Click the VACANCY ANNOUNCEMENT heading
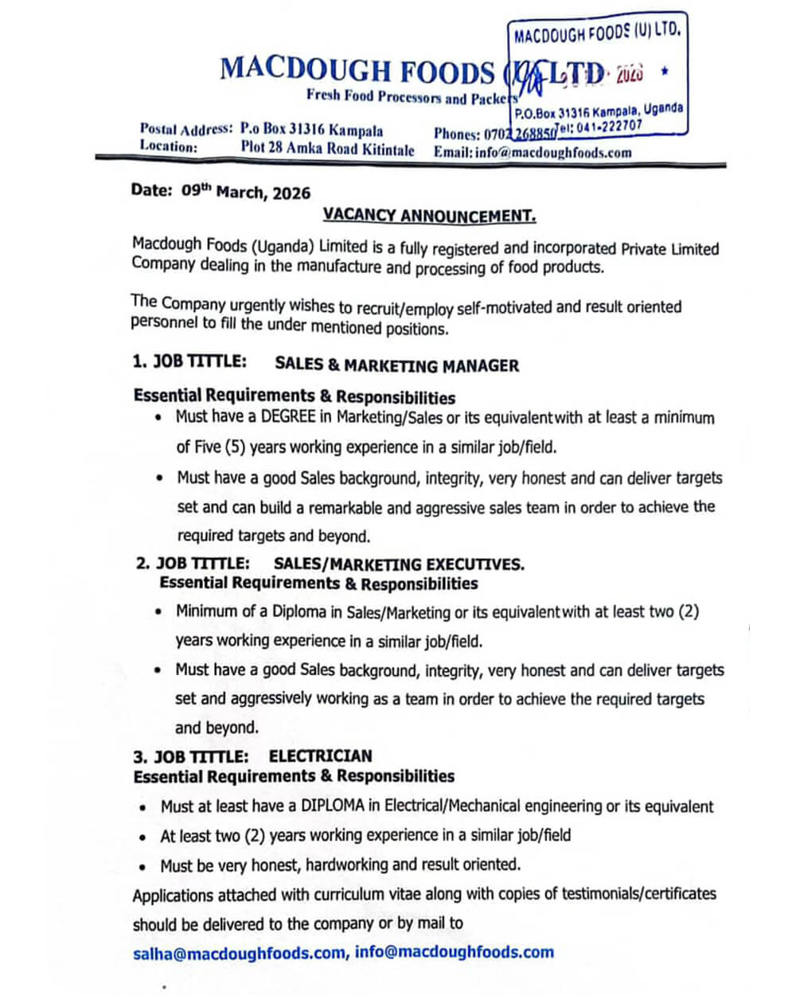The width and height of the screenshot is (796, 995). click(429, 216)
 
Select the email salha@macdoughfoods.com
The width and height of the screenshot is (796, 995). click(239, 953)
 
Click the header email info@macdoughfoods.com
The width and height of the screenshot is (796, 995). click(553, 153)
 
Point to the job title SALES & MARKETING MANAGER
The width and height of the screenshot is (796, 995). click(396, 365)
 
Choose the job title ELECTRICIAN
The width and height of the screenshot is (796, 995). click(320, 755)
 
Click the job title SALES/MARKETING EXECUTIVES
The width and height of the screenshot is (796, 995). click(399, 564)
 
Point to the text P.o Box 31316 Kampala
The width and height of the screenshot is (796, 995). click(311, 130)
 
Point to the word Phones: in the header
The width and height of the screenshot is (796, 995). click(457, 134)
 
